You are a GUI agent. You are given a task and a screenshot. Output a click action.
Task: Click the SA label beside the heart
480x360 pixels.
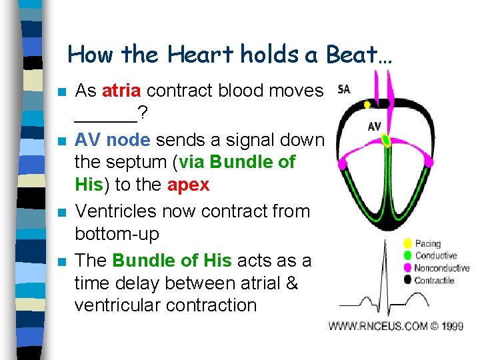[x=344, y=89]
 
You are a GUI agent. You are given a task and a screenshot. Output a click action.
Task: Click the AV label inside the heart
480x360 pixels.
[x=375, y=127]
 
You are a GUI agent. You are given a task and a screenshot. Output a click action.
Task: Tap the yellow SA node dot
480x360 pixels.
[x=367, y=105]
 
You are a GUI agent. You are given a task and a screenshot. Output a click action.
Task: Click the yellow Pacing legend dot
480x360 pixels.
[x=407, y=243]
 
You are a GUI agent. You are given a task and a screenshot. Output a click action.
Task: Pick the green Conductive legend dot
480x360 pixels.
[x=407, y=255]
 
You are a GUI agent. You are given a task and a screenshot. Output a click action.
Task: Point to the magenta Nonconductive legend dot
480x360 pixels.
[x=407, y=268]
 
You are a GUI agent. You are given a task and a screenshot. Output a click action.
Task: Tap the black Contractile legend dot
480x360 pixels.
[x=407, y=280]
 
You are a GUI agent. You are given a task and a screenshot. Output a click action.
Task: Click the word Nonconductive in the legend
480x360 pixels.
[x=442, y=268]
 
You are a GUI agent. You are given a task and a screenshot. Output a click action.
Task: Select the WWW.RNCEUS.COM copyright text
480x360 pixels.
[x=395, y=326]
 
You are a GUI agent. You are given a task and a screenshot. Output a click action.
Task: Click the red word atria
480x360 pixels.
[x=122, y=91]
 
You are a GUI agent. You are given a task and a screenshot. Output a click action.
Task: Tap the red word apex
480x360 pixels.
[x=188, y=185]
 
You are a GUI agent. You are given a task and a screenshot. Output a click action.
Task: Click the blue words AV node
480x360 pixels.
[x=112, y=140]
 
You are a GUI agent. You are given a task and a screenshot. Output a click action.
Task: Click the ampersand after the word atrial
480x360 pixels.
[x=291, y=283]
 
